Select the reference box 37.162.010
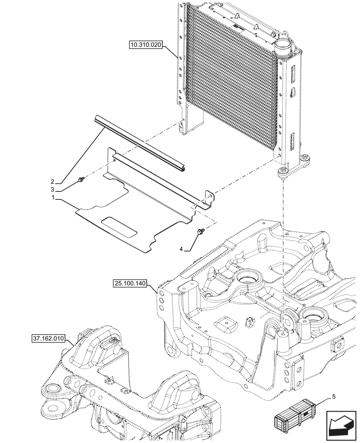pos(48,339)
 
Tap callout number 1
pos(54,199)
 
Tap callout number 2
pos(52,182)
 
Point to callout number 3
pos(52,190)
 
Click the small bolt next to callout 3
pos(80,179)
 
